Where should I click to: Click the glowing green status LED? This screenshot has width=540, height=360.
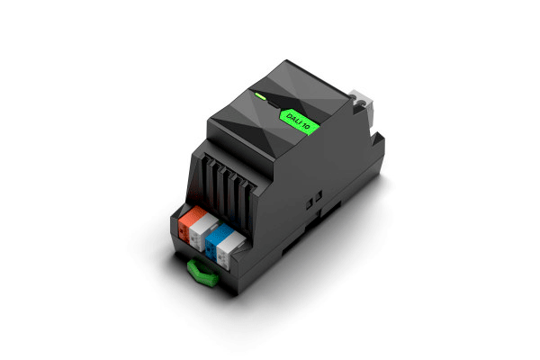260,95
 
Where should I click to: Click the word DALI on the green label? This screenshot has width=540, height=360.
293,120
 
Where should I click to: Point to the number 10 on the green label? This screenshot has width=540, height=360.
306,126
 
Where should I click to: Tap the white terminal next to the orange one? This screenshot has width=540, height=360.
202,230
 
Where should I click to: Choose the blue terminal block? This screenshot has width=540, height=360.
217,239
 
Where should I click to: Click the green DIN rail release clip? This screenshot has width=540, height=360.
202,273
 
